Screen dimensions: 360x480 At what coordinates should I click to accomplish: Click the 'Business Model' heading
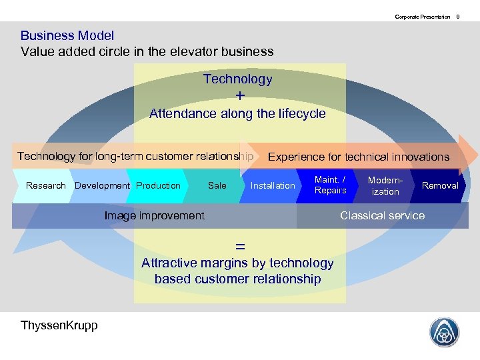click(x=67, y=36)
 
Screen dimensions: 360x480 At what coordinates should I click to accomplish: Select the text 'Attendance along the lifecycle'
click(x=237, y=113)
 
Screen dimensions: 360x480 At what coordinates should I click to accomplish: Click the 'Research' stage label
click(x=46, y=185)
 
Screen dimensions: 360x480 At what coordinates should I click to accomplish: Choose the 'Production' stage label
click(x=158, y=185)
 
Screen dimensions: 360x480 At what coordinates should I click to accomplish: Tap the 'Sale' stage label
click(x=217, y=185)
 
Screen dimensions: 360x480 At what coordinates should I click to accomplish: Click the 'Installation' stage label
click(x=272, y=185)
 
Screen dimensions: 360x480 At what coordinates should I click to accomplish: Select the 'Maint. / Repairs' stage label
click(x=331, y=185)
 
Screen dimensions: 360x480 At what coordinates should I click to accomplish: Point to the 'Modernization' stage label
click(x=385, y=185)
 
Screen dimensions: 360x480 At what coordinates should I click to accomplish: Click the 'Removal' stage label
click(x=440, y=185)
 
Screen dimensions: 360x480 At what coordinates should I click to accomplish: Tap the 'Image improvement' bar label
click(x=155, y=215)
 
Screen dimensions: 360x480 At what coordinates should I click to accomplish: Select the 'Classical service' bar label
click(x=382, y=215)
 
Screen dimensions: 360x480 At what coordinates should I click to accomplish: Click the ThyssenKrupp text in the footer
click(x=59, y=325)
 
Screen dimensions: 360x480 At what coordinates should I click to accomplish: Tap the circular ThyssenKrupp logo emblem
click(x=443, y=331)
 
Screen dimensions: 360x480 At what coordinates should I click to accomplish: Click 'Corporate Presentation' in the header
click(x=422, y=16)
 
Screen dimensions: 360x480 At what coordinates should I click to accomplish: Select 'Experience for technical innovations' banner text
click(x=358, y=157)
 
